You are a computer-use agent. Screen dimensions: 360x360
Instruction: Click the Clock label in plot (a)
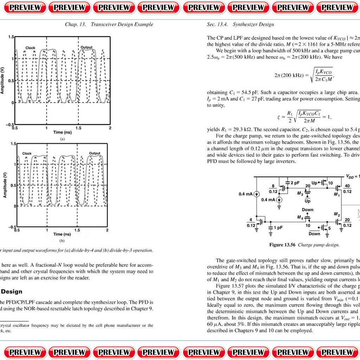30,47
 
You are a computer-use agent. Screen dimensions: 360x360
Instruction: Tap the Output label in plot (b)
95,153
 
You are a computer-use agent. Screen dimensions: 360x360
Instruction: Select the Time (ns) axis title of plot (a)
63,132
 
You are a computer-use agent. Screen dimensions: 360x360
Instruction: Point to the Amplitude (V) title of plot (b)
5,185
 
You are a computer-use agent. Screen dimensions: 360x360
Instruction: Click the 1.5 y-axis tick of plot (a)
11,37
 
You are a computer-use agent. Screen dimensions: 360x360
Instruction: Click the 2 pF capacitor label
295,183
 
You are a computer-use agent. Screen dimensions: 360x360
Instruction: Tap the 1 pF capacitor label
278,227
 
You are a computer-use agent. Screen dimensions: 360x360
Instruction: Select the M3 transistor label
300,193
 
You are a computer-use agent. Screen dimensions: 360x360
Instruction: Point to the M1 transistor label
336,194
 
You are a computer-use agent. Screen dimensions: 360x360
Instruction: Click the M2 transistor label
336,214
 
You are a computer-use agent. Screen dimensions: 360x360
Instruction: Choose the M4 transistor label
300,218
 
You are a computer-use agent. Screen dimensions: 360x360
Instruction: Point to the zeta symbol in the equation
279,117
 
